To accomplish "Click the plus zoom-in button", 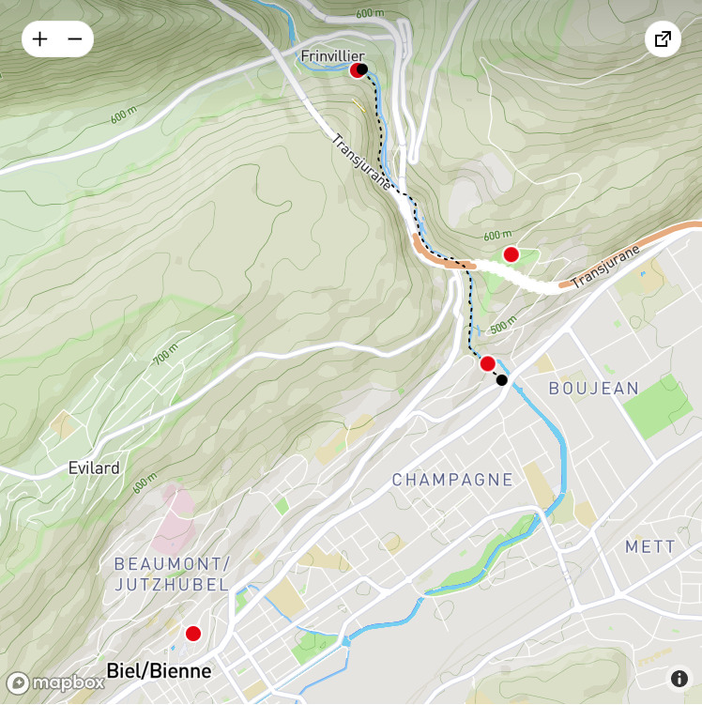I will pos(39,39).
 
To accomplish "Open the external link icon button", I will pos(663,39).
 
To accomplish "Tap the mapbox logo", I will pos(55,682).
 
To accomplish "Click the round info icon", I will pos(679,679).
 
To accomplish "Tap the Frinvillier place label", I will pos(331,56).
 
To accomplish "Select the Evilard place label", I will pos(94,467).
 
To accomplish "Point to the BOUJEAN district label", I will pos(593,388).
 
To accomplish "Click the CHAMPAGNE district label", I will pos(452,480).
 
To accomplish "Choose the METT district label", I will pos(649,546).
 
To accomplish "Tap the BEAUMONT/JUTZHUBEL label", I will pos(171,574).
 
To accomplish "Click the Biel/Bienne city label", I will pos(159,671).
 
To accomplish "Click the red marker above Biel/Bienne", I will pos(193,634).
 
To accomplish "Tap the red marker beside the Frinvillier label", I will pos(356,70).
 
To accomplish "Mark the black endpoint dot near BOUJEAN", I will pos(502,380).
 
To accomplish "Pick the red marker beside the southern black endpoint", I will pos(487,364).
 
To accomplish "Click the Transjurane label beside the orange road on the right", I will pos(605,268).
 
